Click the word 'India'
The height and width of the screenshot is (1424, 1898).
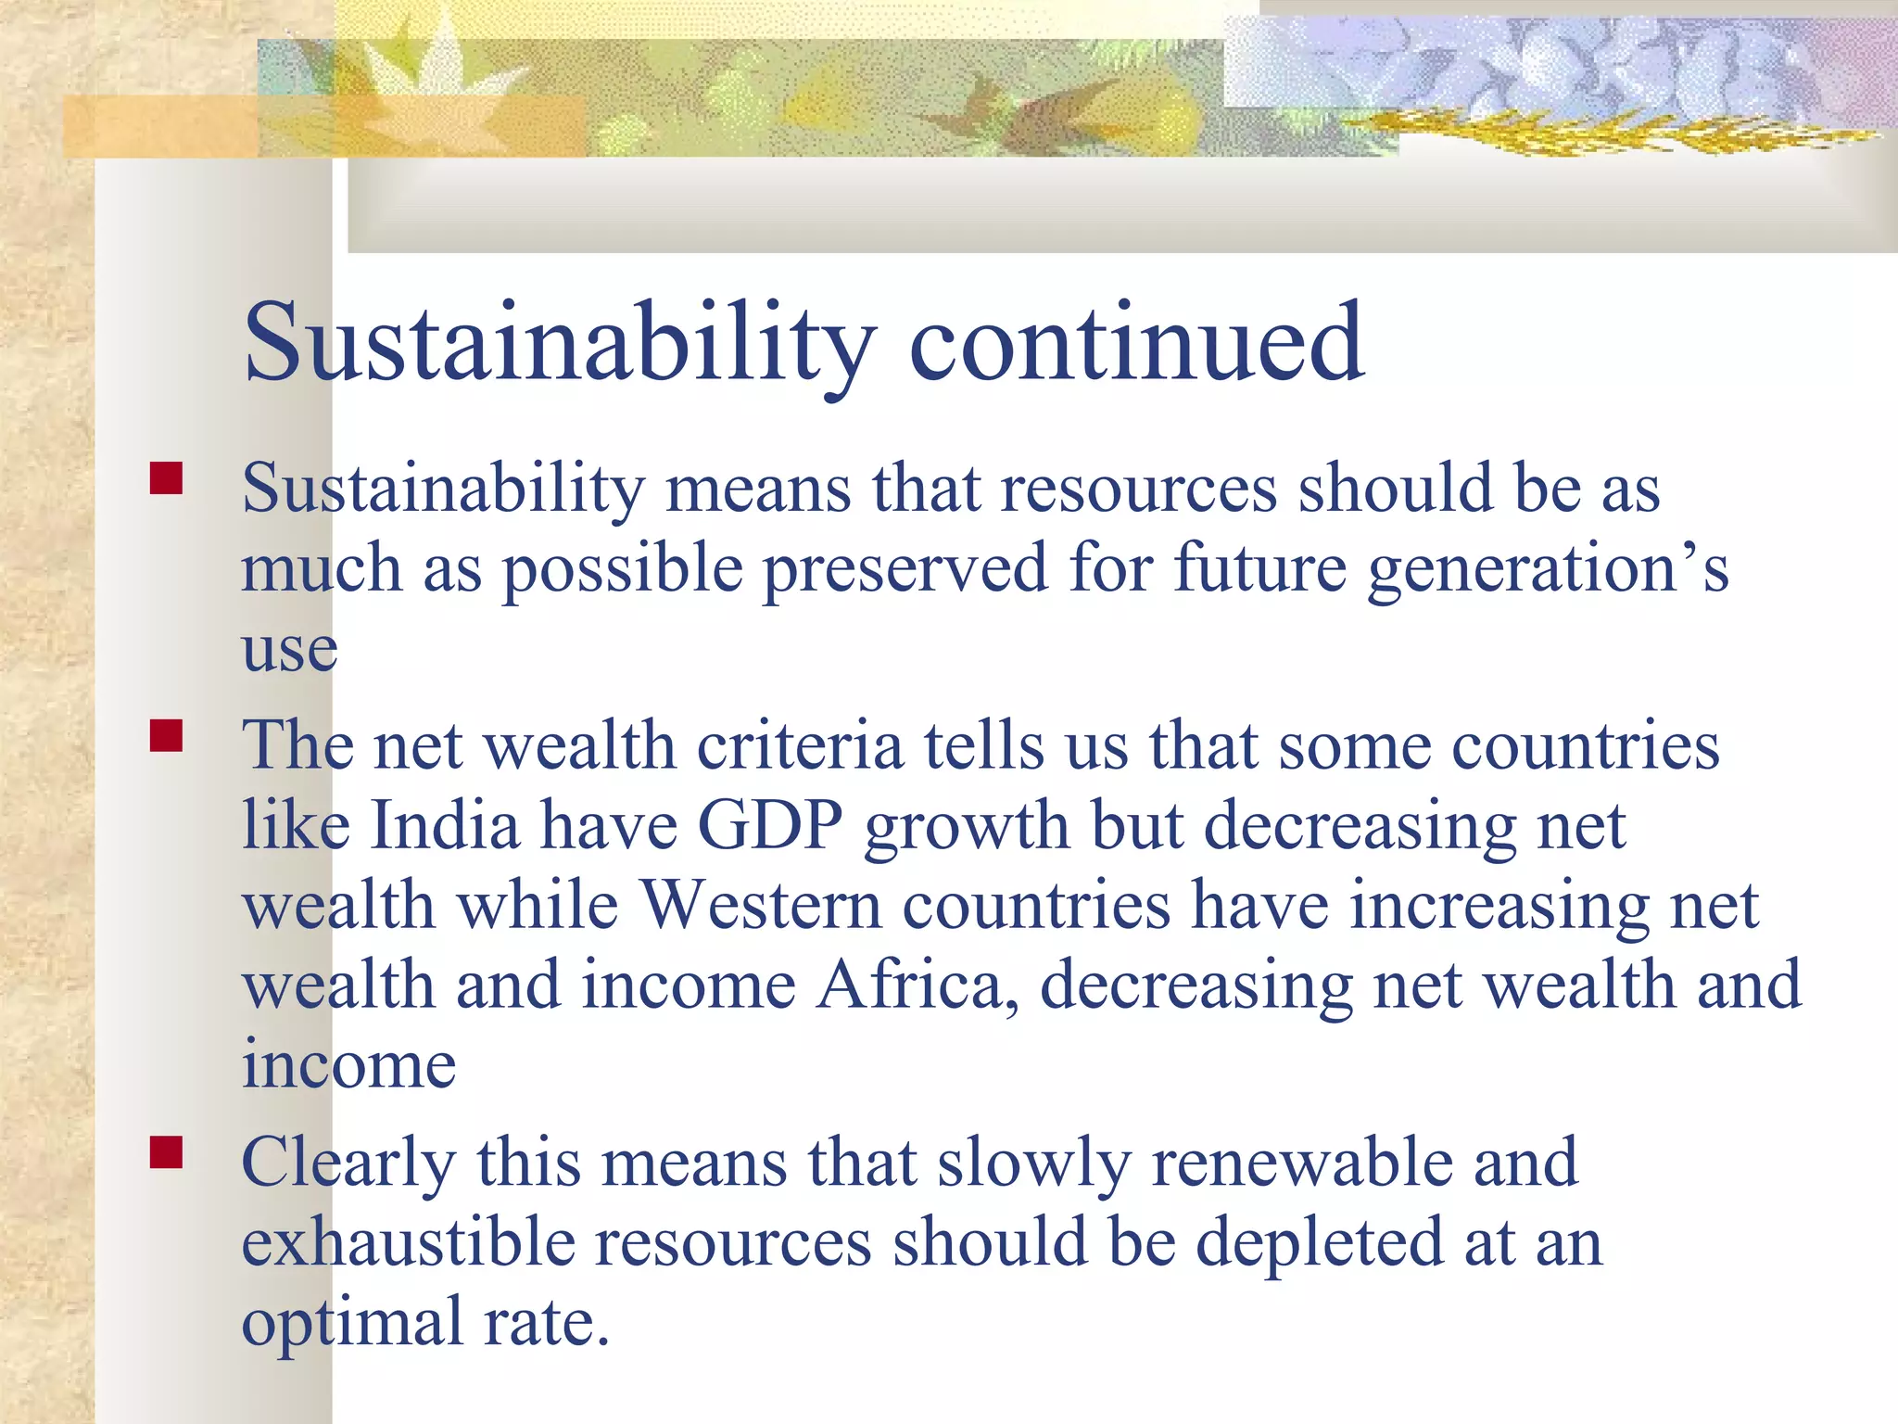(x=445, y=825)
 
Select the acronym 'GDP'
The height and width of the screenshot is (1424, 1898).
(x=769, y=825)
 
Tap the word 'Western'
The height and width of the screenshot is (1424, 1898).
(x=761, y=905)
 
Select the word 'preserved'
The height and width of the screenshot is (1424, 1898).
(x=905, y=569)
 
